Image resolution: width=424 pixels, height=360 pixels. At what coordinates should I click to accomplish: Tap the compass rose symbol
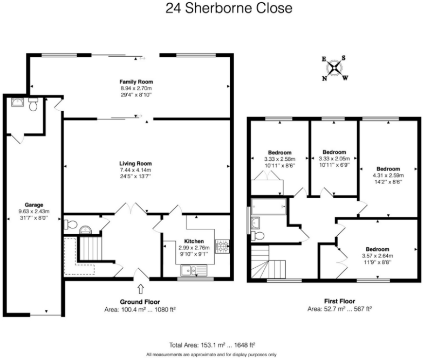pos(335,68)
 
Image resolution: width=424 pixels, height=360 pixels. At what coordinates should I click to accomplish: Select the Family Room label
pos(136,81)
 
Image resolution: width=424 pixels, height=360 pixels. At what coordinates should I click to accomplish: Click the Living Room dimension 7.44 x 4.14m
pos(136,170)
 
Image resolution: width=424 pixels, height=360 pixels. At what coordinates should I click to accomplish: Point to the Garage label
pos(26,205)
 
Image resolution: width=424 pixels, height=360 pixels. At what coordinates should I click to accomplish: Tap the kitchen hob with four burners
pos(222,246)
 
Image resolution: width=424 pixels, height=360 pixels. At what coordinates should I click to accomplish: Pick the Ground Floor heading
pos(140,302)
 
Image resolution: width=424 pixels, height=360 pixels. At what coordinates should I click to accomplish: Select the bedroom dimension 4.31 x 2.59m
pos(388,175)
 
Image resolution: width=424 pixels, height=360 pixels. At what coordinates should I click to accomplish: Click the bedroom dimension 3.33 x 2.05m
pos(333,159)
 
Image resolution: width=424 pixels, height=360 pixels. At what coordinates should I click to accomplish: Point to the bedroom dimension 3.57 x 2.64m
pos(377,256)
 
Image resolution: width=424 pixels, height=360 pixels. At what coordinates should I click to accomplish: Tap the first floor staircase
pos(268,263)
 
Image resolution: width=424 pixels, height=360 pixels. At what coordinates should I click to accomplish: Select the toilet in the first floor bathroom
pos(257,236)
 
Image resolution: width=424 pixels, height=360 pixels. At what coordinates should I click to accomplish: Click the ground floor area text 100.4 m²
pos(140,310)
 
